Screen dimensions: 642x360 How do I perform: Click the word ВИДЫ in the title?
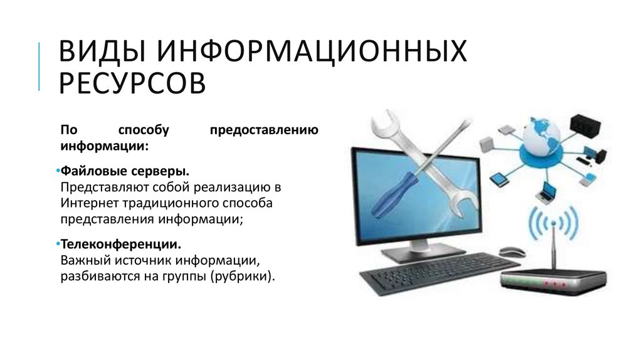(102, 51)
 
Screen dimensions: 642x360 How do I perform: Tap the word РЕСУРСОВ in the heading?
(132, 83)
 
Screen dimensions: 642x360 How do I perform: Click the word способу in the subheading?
(144, 130)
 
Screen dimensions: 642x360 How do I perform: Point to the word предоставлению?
(264, 130)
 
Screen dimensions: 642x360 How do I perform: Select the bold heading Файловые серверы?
(125, 171)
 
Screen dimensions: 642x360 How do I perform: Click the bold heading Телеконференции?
(121, 244)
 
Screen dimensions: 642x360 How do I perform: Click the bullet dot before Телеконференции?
(58, 244)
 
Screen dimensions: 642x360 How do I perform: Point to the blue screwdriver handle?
(396, 194)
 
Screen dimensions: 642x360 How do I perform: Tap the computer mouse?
(512, 251)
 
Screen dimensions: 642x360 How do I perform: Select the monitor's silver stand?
(422, 251)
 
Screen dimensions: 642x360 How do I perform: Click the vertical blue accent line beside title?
(39, 66)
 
